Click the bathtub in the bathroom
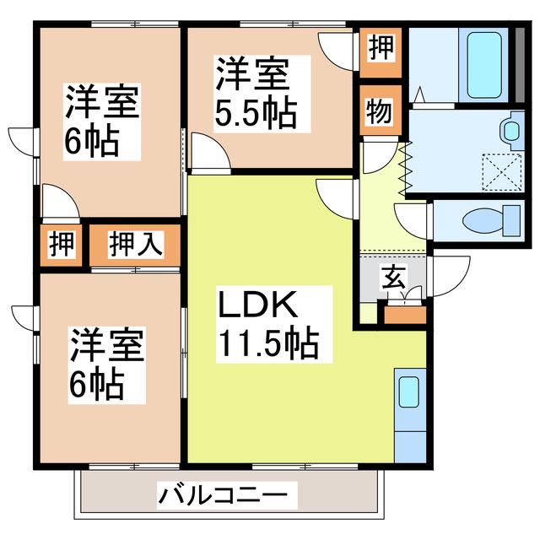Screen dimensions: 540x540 [x=483, y=65]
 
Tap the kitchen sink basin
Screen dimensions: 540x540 [x=408, y=392]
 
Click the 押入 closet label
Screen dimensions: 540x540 [x=136, y=245]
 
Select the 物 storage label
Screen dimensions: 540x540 [x=379, y=111]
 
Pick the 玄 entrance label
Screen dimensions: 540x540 [x=393, y=278]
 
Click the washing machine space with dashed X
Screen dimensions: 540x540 [x=501, y=172]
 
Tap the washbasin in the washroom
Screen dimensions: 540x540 [x=512, y=130]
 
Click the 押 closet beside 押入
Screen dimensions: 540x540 [x=62, y=245]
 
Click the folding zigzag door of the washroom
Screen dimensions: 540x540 [x=405, y=168]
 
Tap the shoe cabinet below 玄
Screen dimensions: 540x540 [x=405, y=315]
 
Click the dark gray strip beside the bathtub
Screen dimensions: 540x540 [x=520, y=65]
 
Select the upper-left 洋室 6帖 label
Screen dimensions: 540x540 [x=102, y=121]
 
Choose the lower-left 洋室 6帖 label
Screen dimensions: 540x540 [x=107, y=365]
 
